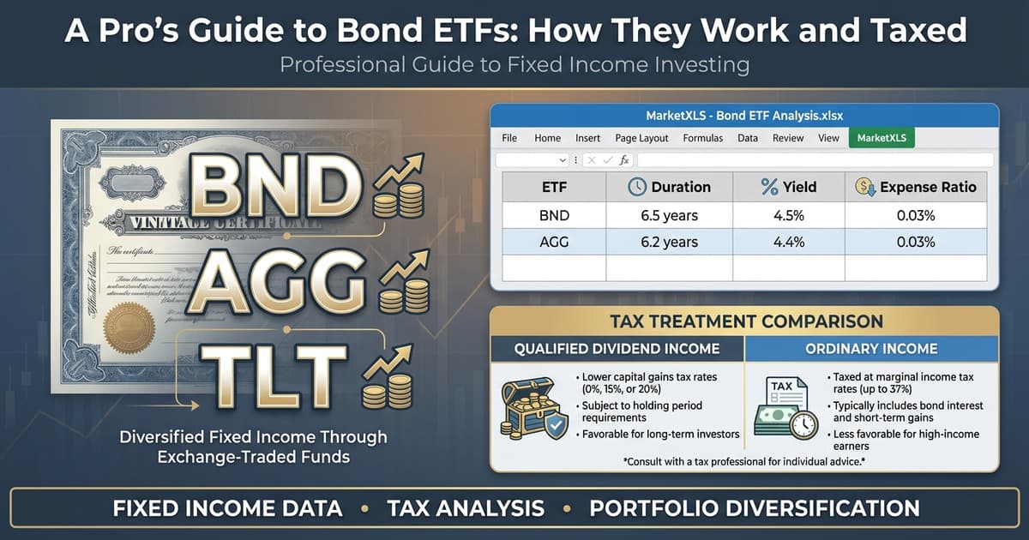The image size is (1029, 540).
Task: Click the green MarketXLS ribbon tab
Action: pyautogui.click(x=881, y=138)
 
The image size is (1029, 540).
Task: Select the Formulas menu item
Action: pyautogui.click(x=702, y=138)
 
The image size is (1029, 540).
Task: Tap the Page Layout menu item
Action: pyautogui.click(x=641, y=138)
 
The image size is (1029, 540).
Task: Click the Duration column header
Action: pyautogui.click(x=669, y=187)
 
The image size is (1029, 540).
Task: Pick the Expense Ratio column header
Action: pyautogui.click(x=916, y=187)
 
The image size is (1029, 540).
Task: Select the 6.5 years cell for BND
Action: pyautogui.click(x=669, y=215)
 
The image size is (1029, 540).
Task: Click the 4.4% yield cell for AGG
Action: pyautogui.click(x=788, y=243)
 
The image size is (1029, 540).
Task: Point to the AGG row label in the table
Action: pyautogui.click(x=553, y=243)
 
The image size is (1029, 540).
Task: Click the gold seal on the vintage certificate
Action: pyautogui.click(x=128, y=327)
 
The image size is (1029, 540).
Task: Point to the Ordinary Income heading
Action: pyautogui.click(x=871, y=349)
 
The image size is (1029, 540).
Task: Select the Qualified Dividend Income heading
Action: pyautogui.click(x=617, y=349)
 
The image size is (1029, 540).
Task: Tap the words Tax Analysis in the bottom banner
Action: pyautogui.click(x=466, y=508)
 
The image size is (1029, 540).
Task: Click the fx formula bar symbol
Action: pyautogui.click(x=624, y=160)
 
